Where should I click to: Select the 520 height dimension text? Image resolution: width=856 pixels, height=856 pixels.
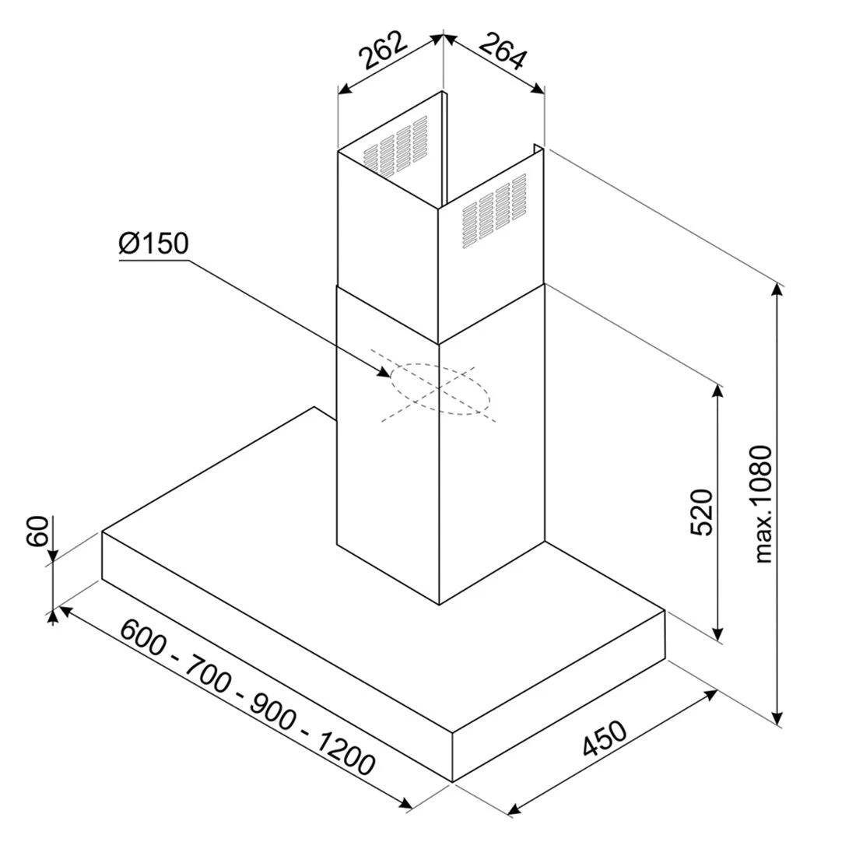pos(701,512)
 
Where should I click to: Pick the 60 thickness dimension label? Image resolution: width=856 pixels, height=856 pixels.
pos(38,531)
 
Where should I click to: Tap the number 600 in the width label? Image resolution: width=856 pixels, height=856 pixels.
pos(143,637)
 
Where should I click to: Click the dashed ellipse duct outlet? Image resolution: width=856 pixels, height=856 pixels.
pos(440,389)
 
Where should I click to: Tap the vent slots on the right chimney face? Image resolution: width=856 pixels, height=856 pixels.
pos(494,211)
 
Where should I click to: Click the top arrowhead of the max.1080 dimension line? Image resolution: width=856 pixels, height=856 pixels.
pos(778,289)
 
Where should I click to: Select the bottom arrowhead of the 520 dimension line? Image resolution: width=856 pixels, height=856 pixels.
pos(718,633)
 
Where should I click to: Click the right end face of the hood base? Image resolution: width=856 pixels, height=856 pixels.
pos(559,696)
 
